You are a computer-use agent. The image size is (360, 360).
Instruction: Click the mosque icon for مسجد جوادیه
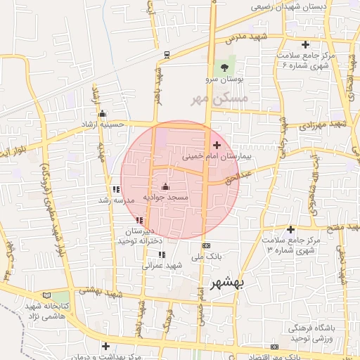pos(165,186)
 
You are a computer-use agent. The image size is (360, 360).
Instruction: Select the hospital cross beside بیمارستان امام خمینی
pos(216,145)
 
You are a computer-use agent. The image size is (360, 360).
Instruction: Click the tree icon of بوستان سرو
pos(224,68)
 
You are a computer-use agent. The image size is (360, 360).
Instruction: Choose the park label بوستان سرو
pos(226,80)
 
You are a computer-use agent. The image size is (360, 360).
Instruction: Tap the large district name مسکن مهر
pos(220,99)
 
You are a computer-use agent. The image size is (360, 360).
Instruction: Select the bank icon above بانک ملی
pos(206,245)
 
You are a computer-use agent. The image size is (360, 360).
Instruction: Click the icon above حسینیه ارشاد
pos(103,114)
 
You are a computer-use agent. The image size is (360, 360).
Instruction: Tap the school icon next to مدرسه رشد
pos(116,189)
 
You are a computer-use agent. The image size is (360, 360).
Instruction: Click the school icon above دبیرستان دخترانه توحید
pos(139,221)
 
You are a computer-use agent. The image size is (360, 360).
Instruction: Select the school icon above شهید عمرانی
pos(162,255)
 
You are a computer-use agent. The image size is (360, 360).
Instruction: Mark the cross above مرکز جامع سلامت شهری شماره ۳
pos(290,229)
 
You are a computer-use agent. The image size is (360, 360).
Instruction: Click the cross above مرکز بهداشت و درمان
pos(105,345)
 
